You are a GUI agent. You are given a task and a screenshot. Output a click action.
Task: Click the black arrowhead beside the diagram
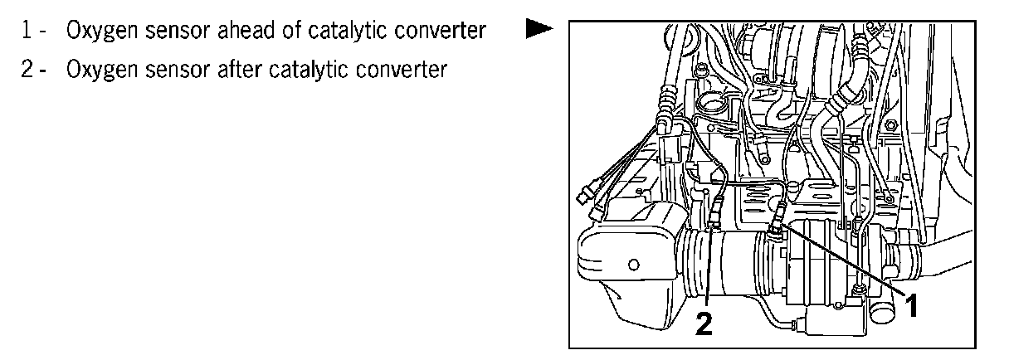[x=539, y=30]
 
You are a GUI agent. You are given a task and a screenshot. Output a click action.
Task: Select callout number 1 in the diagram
[x=911, y=307]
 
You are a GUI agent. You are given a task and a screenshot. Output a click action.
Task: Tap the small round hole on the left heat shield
[x=632, y=265]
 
